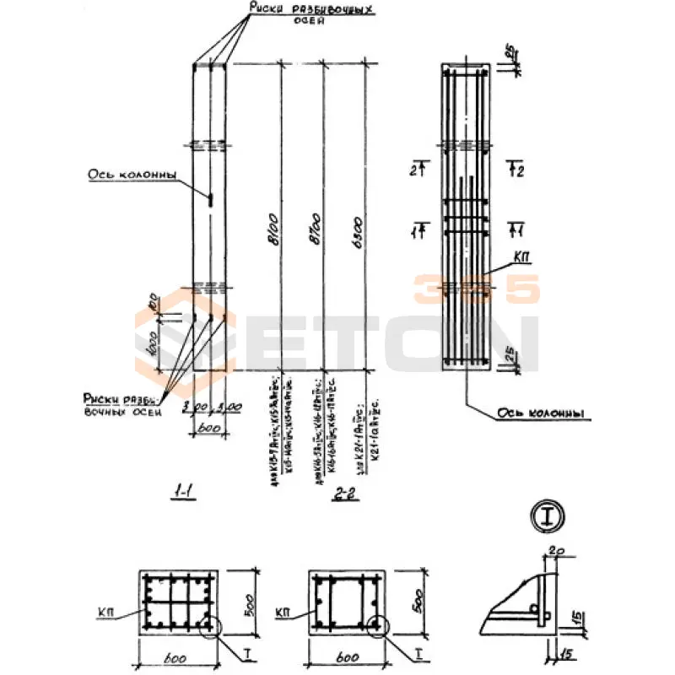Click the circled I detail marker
548,516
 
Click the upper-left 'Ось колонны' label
132,175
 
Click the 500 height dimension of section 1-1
251,602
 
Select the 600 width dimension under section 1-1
178,658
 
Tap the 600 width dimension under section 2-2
344,658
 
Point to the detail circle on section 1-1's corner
208,625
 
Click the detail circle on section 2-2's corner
375,625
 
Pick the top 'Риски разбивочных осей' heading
310,13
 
